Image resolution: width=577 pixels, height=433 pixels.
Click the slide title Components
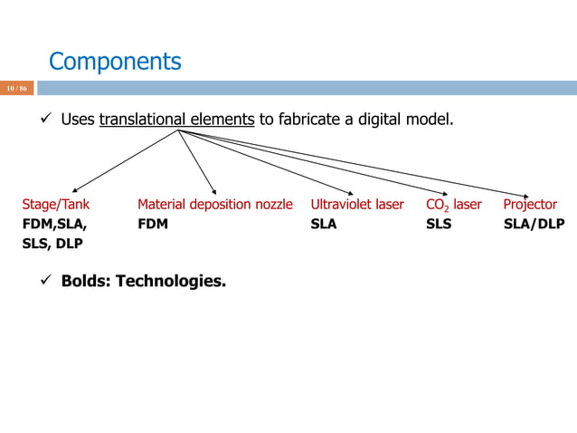[x=115, y=62]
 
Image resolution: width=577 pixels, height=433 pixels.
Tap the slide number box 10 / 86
[x=17, y=88]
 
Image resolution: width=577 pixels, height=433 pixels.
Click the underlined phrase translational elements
[x=176, y=119]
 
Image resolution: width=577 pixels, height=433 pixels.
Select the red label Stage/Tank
[x=55, y=205]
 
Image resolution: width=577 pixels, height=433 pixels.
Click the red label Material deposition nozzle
[x=215, y=205]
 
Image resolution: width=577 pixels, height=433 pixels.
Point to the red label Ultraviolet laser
[x=356, y=205]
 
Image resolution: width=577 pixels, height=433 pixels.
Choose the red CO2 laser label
[x=453, y=205]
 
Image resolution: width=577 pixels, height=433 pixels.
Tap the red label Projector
[x=530, y=205]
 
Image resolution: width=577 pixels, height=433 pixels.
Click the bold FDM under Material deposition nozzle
[x=153, y=224]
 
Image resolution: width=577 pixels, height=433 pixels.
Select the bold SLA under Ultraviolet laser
[x=324, y=224]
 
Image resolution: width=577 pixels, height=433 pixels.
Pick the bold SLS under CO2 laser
[x=439, y=224]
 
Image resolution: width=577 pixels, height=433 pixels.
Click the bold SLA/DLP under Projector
[x=534, y=224]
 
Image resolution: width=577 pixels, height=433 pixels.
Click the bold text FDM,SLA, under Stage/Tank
[x=55, y=224]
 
